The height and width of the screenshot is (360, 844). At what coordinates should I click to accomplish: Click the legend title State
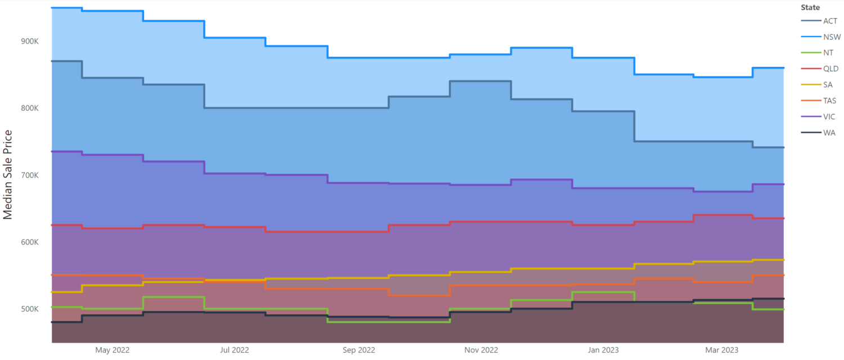click(810, 8)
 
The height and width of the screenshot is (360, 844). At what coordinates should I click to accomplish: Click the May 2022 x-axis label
click(113, 350)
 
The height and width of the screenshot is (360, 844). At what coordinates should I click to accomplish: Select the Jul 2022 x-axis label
click(234, 350)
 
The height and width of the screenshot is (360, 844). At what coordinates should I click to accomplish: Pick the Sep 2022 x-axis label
click(359, 350)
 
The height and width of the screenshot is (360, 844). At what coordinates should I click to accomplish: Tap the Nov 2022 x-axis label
click(482, 350)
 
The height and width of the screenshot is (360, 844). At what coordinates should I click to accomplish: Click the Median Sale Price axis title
click(8, 174)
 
